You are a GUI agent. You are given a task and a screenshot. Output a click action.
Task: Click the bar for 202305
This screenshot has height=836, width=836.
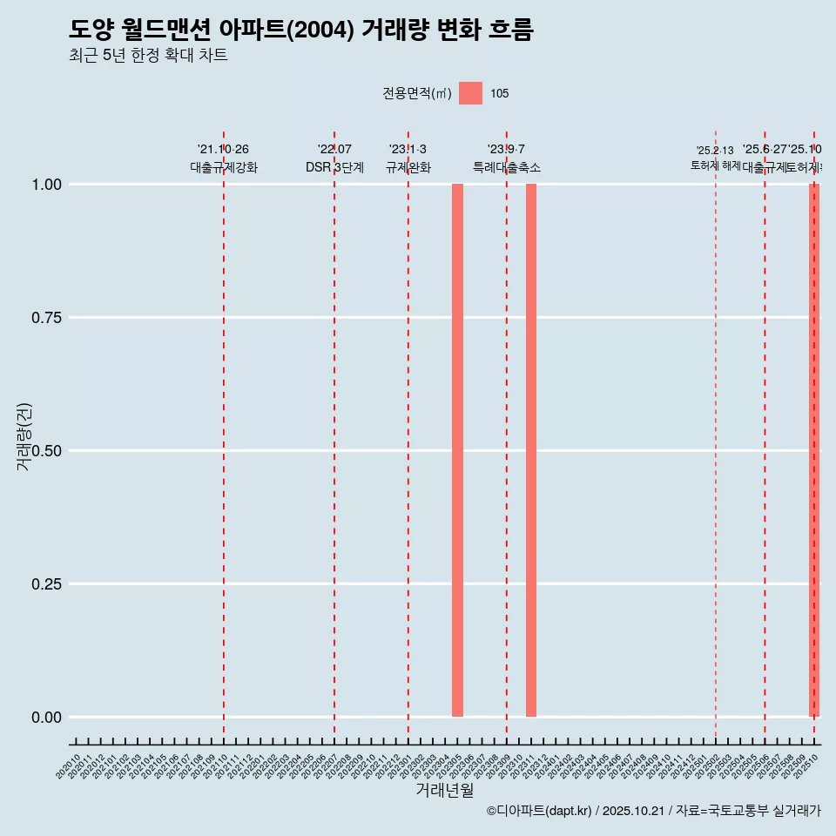457,450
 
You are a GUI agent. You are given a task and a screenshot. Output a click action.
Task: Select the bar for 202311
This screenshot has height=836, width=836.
531,450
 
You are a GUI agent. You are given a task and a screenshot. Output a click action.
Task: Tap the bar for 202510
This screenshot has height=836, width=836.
814,450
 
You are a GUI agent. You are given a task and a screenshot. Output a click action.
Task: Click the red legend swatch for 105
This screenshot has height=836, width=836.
470,93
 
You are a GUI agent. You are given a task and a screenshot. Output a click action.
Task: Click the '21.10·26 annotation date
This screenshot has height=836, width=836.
224,150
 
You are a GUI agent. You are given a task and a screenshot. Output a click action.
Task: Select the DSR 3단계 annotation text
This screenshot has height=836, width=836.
334,167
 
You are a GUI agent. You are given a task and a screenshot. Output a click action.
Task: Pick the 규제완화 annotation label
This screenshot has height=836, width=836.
408,167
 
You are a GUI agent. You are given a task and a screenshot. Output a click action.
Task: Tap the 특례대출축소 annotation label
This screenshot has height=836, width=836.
507,167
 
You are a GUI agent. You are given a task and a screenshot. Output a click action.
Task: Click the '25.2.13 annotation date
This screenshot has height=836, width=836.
715,151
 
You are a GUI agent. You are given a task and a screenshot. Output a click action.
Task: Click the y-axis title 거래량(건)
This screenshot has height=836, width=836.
24,437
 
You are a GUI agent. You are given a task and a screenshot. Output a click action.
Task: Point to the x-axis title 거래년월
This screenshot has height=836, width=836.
444,790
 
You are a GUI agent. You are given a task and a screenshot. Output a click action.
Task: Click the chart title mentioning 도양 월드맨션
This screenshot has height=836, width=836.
300,30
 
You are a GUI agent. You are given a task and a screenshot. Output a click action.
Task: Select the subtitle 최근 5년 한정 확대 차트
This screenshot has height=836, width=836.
148,56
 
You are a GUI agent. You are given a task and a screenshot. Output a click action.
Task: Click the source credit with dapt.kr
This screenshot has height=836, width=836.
653,811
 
